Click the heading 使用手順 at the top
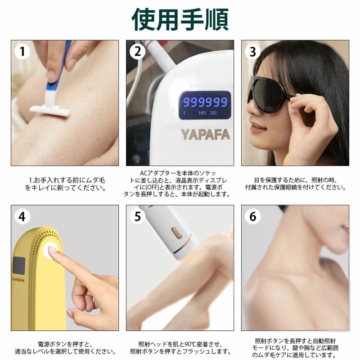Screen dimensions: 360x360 (180, 19)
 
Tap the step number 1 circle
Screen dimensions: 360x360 (22, 51)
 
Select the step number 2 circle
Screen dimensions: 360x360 (137, 51)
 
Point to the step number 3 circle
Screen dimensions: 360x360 (252, 51)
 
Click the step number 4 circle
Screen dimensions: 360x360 (22, 216)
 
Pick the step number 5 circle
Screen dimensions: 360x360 (137, 216)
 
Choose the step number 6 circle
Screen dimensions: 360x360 (252, 216)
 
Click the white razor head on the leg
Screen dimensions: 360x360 (50, 111)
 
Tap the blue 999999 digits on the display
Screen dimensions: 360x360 (205, 102)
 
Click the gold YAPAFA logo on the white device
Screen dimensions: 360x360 (205, 135)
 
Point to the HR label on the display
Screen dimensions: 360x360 (202, 113)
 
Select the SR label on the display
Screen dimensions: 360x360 (213, 113)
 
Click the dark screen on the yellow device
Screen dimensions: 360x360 (19, 266)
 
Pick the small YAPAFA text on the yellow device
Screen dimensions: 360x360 (18, 280)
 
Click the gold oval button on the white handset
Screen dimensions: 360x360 (177, 233)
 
